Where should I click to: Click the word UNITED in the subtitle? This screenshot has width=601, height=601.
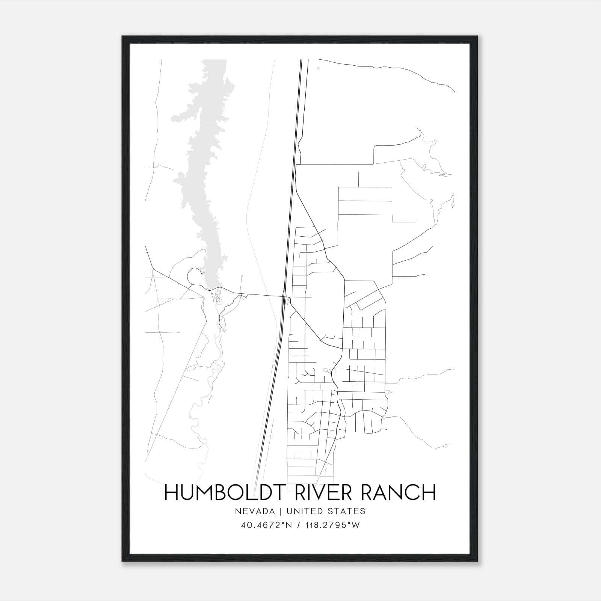point(303,511)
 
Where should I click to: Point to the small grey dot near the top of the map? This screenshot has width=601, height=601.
point(318,68)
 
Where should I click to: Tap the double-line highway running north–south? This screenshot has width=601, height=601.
point(293,188)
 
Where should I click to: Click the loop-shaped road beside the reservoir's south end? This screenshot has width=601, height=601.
point(194,276)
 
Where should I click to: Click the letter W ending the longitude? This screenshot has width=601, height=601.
point(356,525)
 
